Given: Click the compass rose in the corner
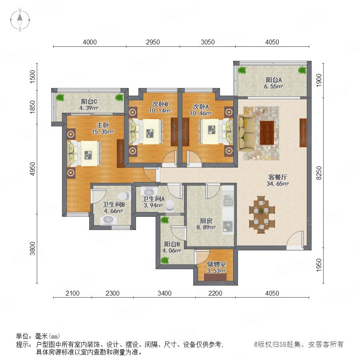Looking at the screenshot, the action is click(x=20, y=20).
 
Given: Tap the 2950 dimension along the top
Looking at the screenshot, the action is click(x=153, y=42).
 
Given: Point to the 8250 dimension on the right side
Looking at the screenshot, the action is click(x=319, y=173).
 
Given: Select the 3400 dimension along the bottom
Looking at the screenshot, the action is click(x=164, y=293).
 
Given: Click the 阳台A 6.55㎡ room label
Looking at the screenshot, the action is click(x=274, y=83).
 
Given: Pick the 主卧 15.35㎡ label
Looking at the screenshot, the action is click(x=103, y=128).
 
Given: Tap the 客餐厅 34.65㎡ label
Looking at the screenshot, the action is click(x=278, y=180).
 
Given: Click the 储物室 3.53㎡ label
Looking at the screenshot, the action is click(x=216, y=267).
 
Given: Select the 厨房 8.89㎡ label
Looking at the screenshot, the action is click(x=206, y=224).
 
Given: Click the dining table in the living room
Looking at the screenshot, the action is click(x=262, y=214).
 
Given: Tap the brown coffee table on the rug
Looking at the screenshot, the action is click(x=267, y=133).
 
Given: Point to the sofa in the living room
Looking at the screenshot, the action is click(x=246, y=133).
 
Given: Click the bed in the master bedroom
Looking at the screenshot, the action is click(x=84, y=153).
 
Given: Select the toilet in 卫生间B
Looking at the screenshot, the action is click(x=124, y=196).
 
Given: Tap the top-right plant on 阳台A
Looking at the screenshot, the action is click(x=302, y=70).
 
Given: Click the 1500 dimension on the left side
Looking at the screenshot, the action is click(x=33, y=77).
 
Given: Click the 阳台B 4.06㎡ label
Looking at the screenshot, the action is click(x=172, y=247).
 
